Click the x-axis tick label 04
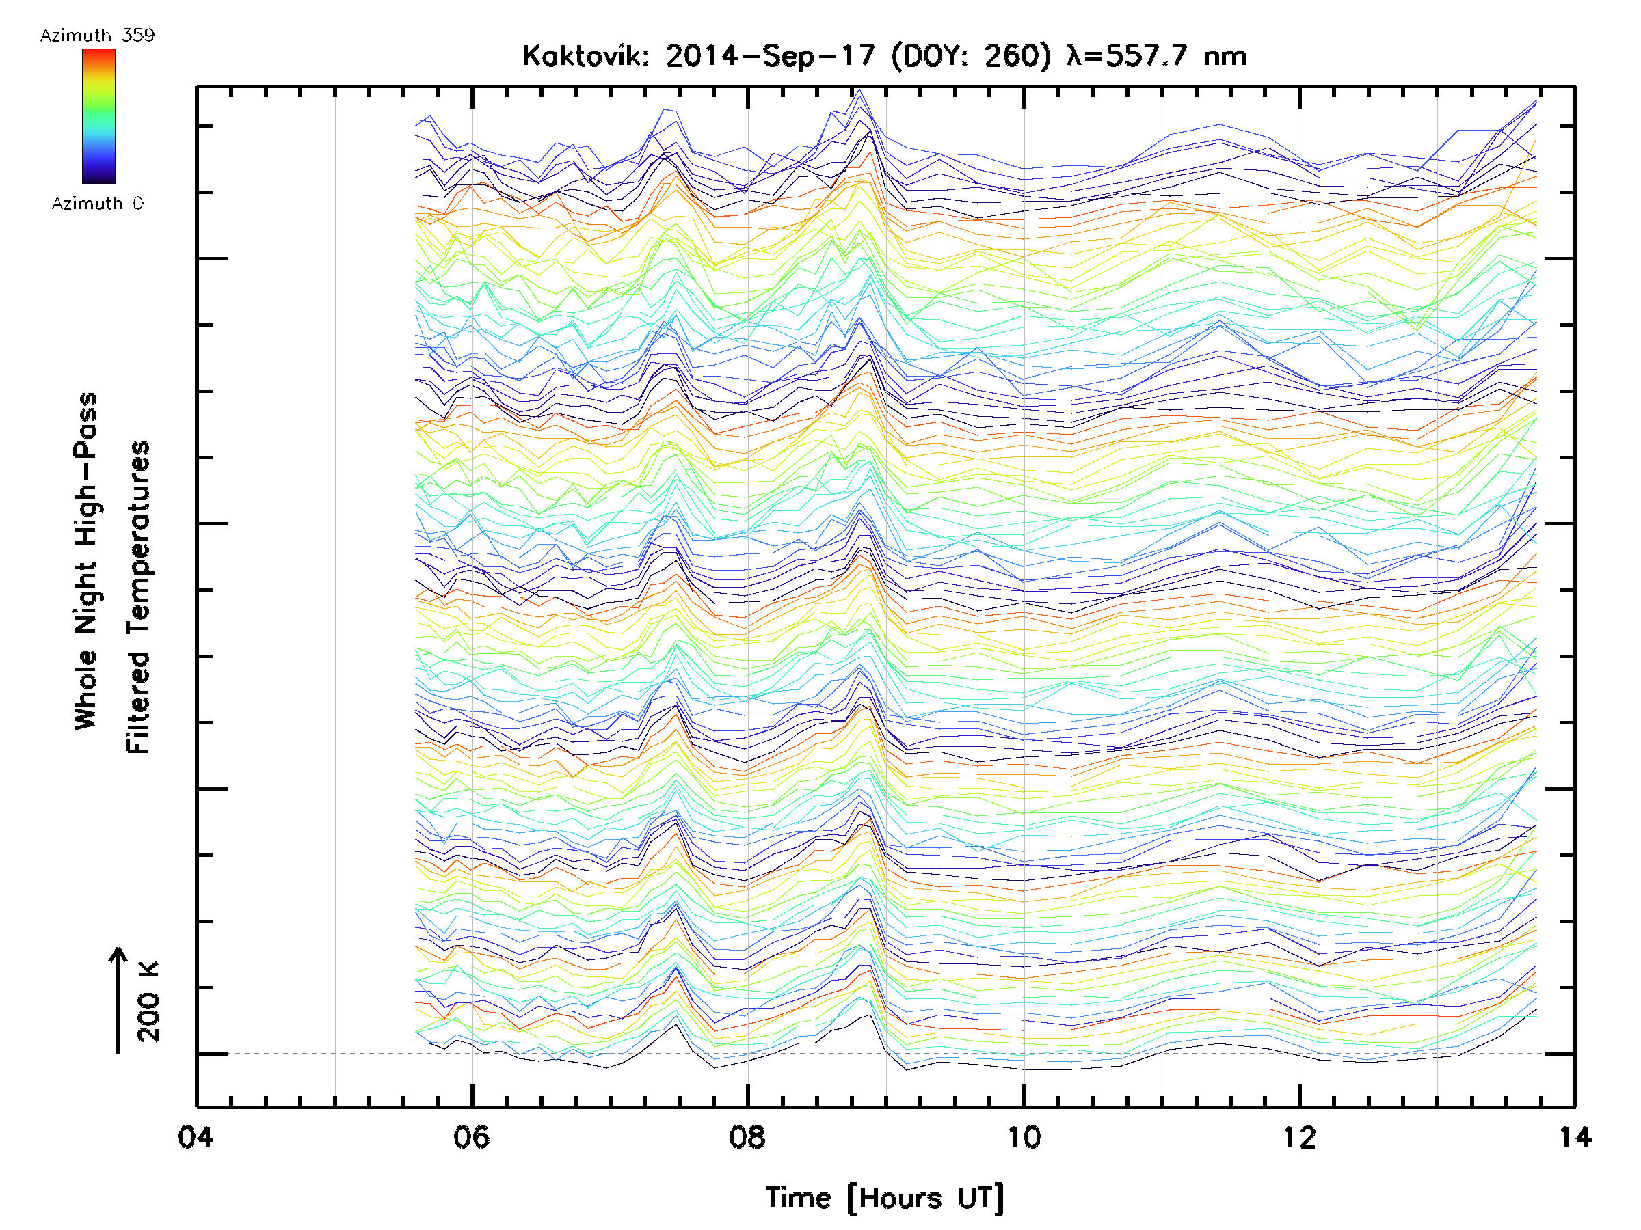[x=195, y=1136]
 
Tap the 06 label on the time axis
[x=471, y=1136]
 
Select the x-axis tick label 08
[x=747, y=1136]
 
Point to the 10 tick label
[x=1023, y=1136]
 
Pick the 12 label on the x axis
[x=1299, y=1136]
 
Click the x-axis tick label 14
[x=1573, y=1136]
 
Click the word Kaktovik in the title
[x=585, y=56]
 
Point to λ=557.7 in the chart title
[x=1127, y=56]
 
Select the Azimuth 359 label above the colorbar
[x=97, y=36]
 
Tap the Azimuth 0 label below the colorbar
[x=97, y=203]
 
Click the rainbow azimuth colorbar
[x=98, y=116]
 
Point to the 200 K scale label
[x=149, y=1002]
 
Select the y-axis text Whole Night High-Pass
[x=86, y=561]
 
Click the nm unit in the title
[x=1225, y=56]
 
